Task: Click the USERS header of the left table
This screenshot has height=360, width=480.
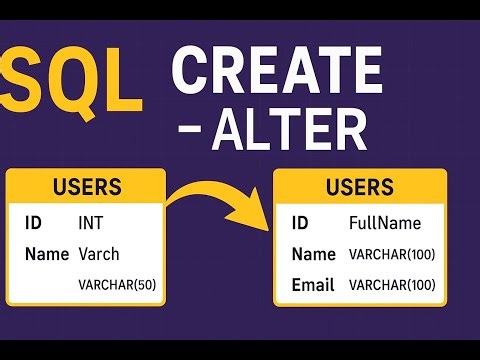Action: coord(86,187)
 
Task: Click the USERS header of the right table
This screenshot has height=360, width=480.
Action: coord(360,187)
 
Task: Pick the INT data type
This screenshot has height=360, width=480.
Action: coord(91,222)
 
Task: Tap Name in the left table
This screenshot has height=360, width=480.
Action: coord(45,254)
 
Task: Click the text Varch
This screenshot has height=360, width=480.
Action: coord(99,254)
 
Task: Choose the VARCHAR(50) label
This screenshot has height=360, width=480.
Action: coord(116,286)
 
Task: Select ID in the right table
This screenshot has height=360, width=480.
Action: coord(300,222)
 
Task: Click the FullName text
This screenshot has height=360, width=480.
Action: coord(385,222)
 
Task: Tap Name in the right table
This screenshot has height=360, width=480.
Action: coord(313,254)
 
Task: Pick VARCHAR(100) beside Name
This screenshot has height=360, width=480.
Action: coord(391,255)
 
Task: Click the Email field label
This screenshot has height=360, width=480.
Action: coord(313,285)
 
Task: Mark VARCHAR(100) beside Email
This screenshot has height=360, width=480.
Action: coord(391,286)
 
